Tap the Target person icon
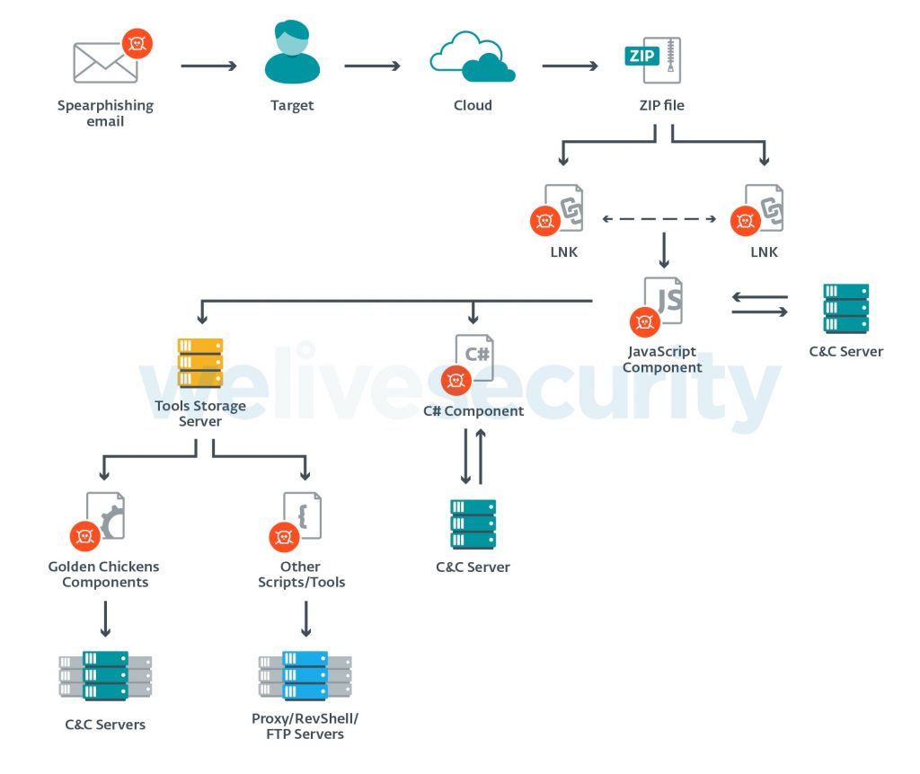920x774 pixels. click(x=292, y=54)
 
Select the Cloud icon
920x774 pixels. click(x=472, y=57)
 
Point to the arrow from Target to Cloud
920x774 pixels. click(x=371, y=66)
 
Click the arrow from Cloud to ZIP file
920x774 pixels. click(x=570, y=66)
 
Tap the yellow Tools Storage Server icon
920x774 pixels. click(x=200, y=363)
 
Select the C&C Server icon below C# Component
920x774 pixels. click(x=473, y=523)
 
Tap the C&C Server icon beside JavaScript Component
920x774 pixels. click(x=845, y=309)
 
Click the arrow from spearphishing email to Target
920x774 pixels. click(x=208, y=66)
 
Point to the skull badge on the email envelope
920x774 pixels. click(x=137, y=43)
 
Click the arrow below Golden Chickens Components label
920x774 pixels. click(x=105, y=619)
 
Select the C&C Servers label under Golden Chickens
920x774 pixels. click(x=105, y=725)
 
